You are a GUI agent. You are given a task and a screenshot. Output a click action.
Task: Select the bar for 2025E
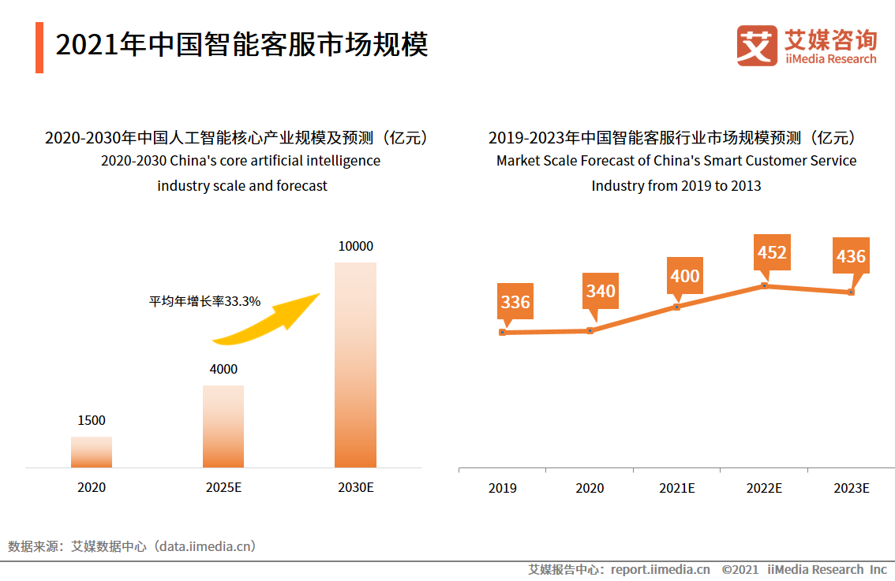point(223,426)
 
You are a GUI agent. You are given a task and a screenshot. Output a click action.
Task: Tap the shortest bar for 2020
point(92,453)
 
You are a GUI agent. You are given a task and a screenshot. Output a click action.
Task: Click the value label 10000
point(355,247)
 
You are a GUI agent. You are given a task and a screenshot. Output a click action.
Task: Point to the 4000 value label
point(223,369)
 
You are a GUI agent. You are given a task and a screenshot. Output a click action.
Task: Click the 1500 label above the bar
point(92,421)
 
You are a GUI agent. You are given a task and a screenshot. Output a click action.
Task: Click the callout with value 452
point(771,252)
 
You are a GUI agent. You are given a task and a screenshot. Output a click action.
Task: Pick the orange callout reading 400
point(684,276)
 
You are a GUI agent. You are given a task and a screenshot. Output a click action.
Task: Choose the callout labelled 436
point(851,256)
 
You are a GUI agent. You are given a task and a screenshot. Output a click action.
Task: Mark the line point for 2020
point(590,331)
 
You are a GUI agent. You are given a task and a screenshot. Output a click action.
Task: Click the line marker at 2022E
point(764,285)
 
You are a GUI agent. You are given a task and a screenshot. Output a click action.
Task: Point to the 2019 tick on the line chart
point(503,488)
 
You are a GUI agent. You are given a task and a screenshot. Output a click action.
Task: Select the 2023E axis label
point(851,488)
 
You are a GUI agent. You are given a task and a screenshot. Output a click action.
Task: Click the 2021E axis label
point(676,488)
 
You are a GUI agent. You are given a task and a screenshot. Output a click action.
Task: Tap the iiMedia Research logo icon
point(757,46)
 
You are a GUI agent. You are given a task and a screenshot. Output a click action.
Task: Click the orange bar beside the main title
point(39,47)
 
